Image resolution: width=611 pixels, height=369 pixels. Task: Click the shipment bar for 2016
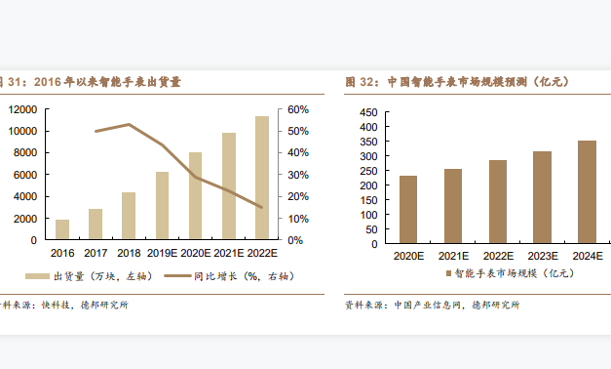[62, 229]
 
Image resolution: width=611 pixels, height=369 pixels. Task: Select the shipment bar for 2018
[129, 216]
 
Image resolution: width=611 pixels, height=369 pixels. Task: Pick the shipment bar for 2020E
[196, 195]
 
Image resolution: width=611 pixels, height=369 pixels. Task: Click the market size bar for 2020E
[408, 210]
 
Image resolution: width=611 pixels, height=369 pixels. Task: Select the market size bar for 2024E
[587, 192]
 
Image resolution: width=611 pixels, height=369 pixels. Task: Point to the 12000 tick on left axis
[21, 109]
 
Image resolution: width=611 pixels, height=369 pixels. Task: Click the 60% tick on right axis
[297, 109]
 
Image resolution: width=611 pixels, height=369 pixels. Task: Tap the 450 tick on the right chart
[367, 113]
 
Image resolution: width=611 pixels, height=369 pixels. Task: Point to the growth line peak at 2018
[129, 124]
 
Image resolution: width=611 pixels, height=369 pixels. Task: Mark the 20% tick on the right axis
[297, 196]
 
